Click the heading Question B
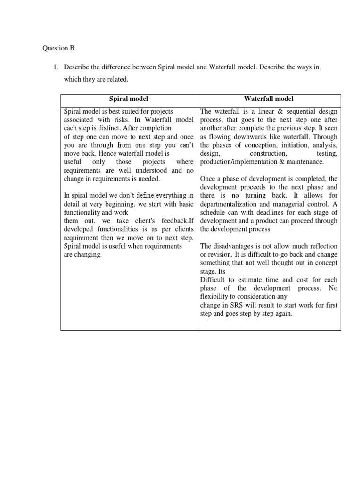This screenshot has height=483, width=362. (58, 48)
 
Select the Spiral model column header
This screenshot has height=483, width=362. (129, 99)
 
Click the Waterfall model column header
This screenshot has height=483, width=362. (269, 99)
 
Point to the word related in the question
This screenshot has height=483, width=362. (117, 79)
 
